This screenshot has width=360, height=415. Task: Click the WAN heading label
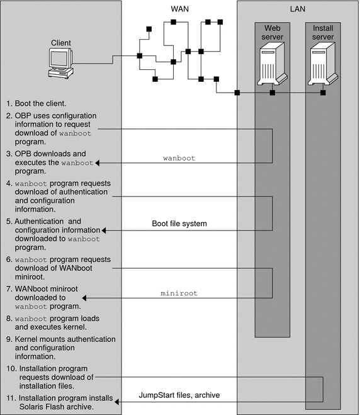(x=179, y=9)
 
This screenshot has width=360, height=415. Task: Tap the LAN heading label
(x=298, y=9)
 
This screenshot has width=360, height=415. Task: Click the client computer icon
(x=61, y=63)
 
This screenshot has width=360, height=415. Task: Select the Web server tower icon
(x=273, y=64)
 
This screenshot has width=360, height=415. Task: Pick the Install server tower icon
(x=323, y=64)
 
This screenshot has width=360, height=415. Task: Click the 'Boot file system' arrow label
(x=179, y=224)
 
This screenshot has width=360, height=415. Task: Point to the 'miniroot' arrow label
(x=179, y=293)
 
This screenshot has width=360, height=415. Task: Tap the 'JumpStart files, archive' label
(x=179, y=395)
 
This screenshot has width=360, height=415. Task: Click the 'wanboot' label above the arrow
(x=179, y=158)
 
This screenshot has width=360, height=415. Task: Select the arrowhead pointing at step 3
(x=98, y=163)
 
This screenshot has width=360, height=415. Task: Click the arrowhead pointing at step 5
(x=104, y=230)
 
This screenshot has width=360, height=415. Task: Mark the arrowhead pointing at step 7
(x=84, y=298)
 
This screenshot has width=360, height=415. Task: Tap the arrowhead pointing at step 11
(x=116, y=402)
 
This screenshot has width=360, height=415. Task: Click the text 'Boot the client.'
(x=40, y=103)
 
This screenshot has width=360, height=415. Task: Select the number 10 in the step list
(x=11, y=368)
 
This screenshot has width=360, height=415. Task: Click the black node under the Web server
(x=273, y=93)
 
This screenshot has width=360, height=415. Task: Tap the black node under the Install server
(x=323, y=93)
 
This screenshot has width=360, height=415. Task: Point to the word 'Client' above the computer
(x=61, y=43)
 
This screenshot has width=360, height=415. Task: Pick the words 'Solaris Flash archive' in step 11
(x=57, y=407)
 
